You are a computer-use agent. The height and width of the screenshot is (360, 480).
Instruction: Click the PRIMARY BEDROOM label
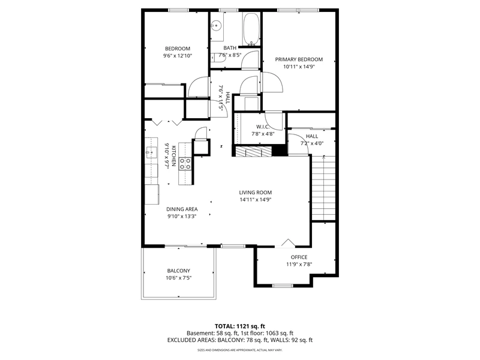299,59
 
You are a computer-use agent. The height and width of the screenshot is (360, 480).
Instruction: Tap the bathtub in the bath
251,29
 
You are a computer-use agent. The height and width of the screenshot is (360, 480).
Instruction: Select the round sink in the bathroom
217,25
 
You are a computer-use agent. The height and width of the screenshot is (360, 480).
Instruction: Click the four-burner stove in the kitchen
185,164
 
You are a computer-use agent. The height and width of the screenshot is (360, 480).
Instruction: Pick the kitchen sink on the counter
151,152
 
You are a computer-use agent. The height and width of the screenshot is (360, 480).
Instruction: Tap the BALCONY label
178,271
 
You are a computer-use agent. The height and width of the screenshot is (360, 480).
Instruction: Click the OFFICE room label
299,257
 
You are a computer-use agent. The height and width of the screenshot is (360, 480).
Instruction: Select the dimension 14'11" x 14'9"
256,200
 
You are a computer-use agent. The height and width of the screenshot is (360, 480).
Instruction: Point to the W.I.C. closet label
263,127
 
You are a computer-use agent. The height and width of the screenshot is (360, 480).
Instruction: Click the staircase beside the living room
323,188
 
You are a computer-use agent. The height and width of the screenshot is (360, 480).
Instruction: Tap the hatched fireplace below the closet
253,151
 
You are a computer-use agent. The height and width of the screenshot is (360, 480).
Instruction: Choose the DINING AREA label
182,209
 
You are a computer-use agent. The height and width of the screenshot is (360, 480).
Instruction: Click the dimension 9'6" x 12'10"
178,56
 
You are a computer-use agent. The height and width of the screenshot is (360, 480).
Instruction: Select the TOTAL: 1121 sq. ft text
239,326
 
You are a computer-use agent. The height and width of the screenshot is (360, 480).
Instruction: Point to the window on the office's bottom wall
283,286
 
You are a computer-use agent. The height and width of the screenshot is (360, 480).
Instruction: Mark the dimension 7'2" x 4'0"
312,143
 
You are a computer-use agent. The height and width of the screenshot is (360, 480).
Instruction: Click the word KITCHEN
173,156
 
